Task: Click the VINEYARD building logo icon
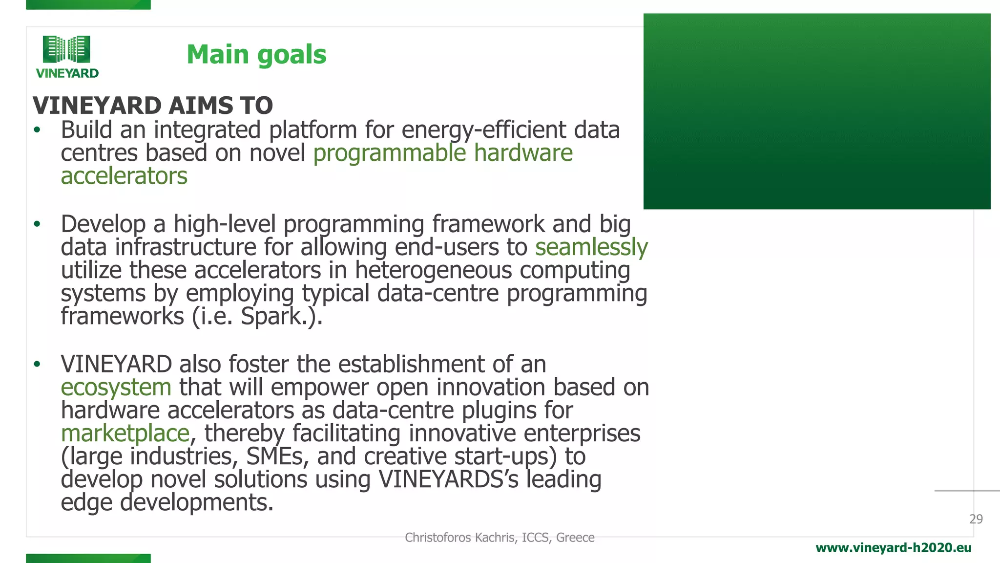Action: pyautogui.click(x=66, y=49)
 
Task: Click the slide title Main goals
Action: pyautogui.click(x=256, y=54)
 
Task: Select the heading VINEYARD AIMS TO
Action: pyautogui.click(x=153, y=106)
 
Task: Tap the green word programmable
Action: pyautogui.click(x=390, y=153)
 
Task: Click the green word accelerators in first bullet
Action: pyautogui.click(x=124, y=176)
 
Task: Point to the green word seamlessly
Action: pyautogui.click(x=591, y=247)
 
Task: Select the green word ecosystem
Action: pyautogui.click(x=116, y=388)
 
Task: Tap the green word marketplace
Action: pyautogui.click(x=125, y=433)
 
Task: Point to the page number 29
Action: pyautogui.click(x=976, y=519)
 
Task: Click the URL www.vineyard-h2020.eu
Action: pyautogui.click(x=893, y=548)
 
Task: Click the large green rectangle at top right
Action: pyautogui.click(x=816, y=111)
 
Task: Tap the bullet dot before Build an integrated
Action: pyautogui.click(x=37, y=130)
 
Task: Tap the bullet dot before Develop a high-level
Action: pyautogui.click(x=37, y=224)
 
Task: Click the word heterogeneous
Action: pyautogui.click(x=433, y=270)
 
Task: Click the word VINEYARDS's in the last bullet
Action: pyautogui.click(x=448, y=479)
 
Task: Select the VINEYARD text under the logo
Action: pyautogui.click(x=67, y=73)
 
